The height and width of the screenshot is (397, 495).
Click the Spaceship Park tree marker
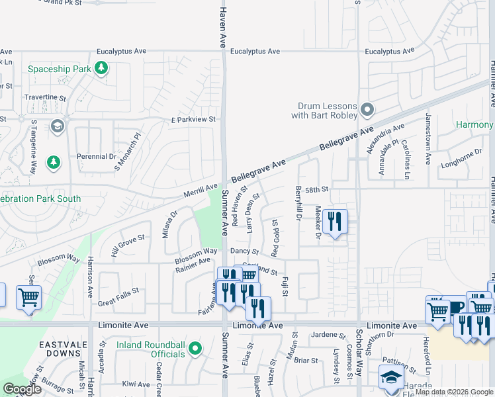[101, 67]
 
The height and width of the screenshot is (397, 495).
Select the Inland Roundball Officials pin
[195, 348]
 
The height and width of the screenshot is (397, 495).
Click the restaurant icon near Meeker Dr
[336, 221]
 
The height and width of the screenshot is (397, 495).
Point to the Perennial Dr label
[97, 157]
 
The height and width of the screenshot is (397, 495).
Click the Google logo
[22, 389]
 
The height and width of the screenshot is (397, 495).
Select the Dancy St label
[244, 251]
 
